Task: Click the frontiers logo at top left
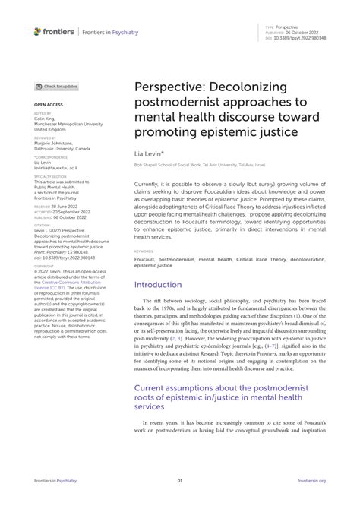54,30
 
